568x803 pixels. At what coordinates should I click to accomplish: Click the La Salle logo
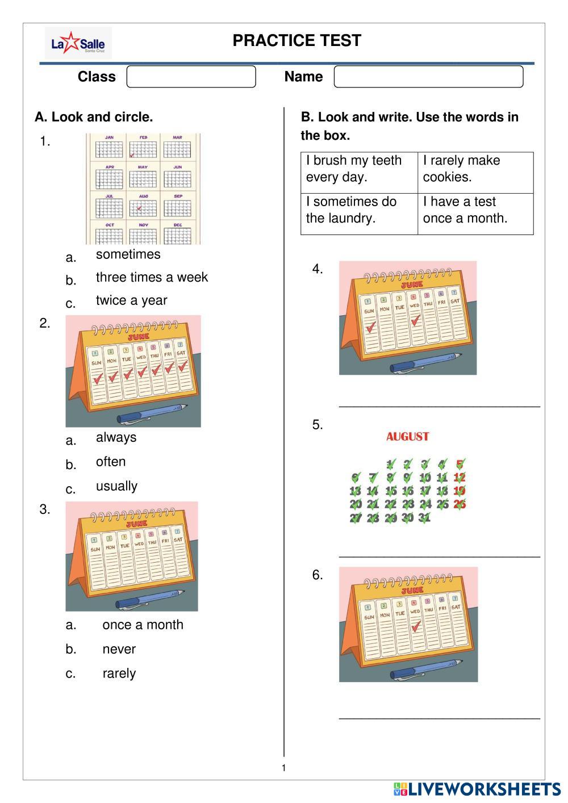tap(78, 43)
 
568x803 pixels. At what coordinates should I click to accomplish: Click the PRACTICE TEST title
tap(296, 41)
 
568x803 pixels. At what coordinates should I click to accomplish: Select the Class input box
tap(191, 77)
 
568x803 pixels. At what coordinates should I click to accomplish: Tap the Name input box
tap(428, 77)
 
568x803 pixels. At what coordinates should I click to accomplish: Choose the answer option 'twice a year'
tap(131, 300)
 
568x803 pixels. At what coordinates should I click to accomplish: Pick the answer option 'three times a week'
tap(152, 277)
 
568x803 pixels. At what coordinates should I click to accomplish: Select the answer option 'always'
tap(116, 437)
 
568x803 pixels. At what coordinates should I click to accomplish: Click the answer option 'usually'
tap(116, 486)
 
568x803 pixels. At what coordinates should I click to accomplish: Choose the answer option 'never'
tap(119, 649)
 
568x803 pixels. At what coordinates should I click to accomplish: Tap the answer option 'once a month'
tap(143, 625)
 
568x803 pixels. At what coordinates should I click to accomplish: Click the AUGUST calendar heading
tap(407, 437)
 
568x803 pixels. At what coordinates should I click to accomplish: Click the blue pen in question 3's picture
tap(150, 599)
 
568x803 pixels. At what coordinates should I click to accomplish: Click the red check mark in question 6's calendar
tap(416, 626)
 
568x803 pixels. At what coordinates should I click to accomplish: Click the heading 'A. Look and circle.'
tap(94, 117)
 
